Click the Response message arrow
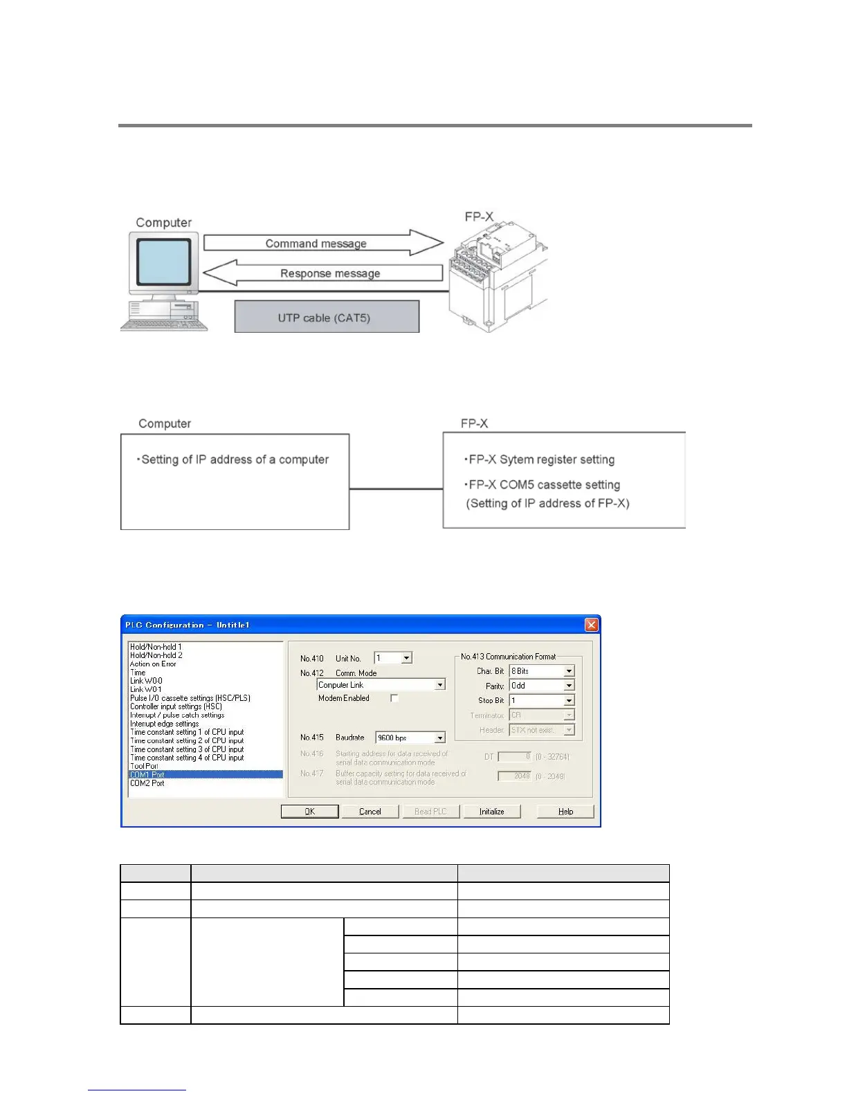(322, 273)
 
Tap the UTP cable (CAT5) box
(327, 318)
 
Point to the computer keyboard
(164, 322)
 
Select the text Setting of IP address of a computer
(235, 459)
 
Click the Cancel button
(370, 812)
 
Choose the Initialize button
(492, 812)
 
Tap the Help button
(565, 812)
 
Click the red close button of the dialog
(592, 625)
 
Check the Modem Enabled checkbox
(394, 699)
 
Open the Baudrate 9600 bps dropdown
(439, 738)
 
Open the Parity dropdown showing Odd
(569, 686)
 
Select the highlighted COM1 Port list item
(206, 775)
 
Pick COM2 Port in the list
(147, 783)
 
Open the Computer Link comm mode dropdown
(439, 685)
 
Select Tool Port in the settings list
(144, 766)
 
